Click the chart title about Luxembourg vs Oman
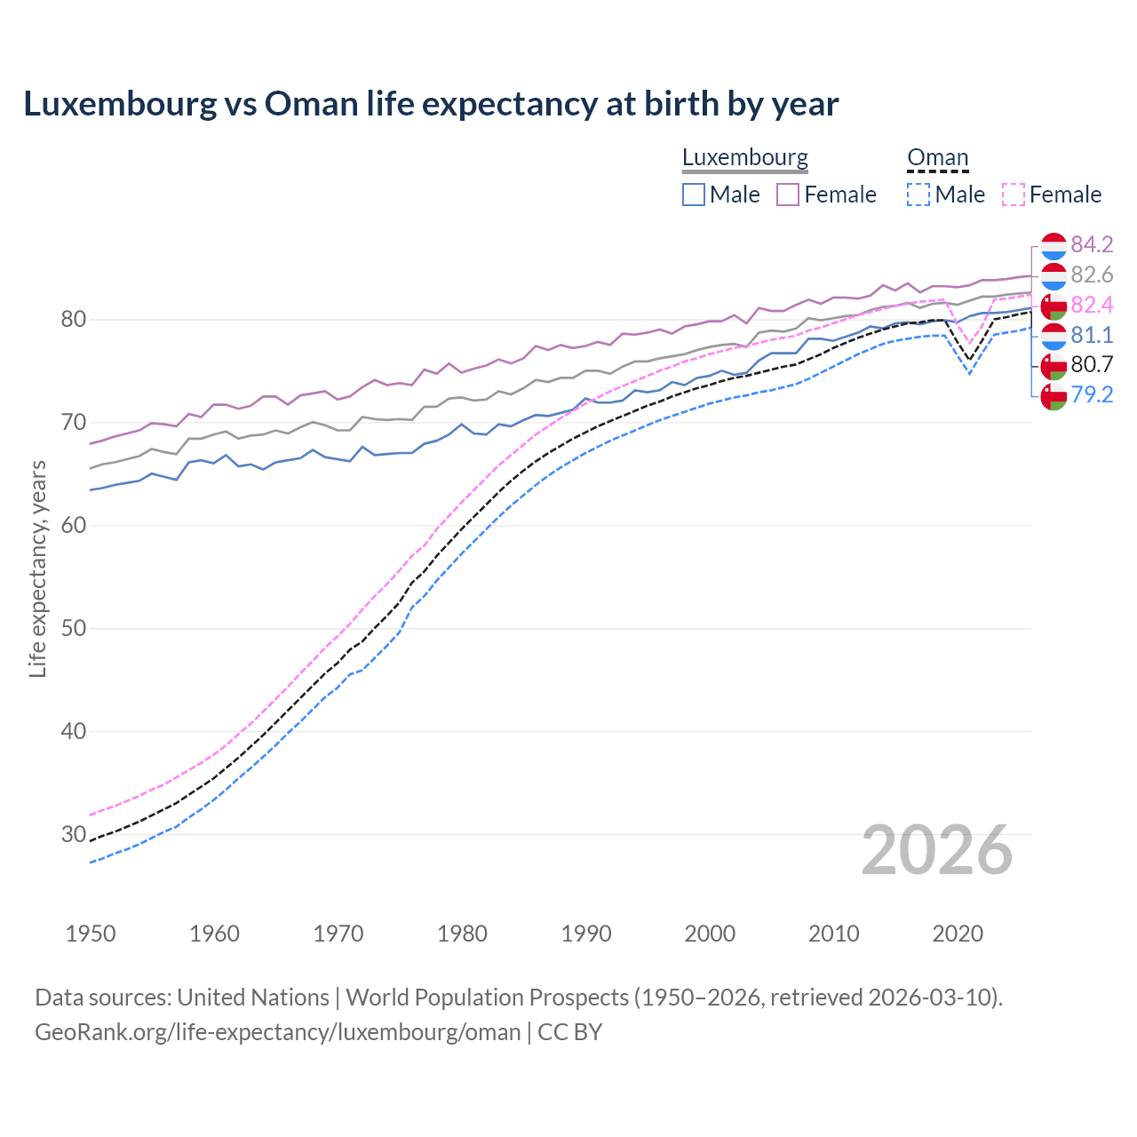point(431,104)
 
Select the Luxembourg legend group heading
point(744,157)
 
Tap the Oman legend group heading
point(937,157)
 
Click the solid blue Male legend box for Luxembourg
point(694,195)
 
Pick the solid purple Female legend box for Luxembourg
point(788,195)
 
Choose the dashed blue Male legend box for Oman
point(918,195)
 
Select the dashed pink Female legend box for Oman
point(1014,195)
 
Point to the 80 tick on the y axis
point(73,319)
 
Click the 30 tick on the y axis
point(73,834)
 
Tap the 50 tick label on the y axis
point(73,628)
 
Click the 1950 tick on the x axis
point(91,934)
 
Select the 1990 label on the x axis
point(586,934)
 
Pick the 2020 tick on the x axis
point(958,934)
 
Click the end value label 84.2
point(1092,244)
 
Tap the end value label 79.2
point(1092,394)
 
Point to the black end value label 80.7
point(1092,364)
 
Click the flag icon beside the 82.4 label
point(1054,306)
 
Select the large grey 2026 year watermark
point(936,850)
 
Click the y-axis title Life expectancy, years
point(37,568)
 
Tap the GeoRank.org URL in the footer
point(277,1032)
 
